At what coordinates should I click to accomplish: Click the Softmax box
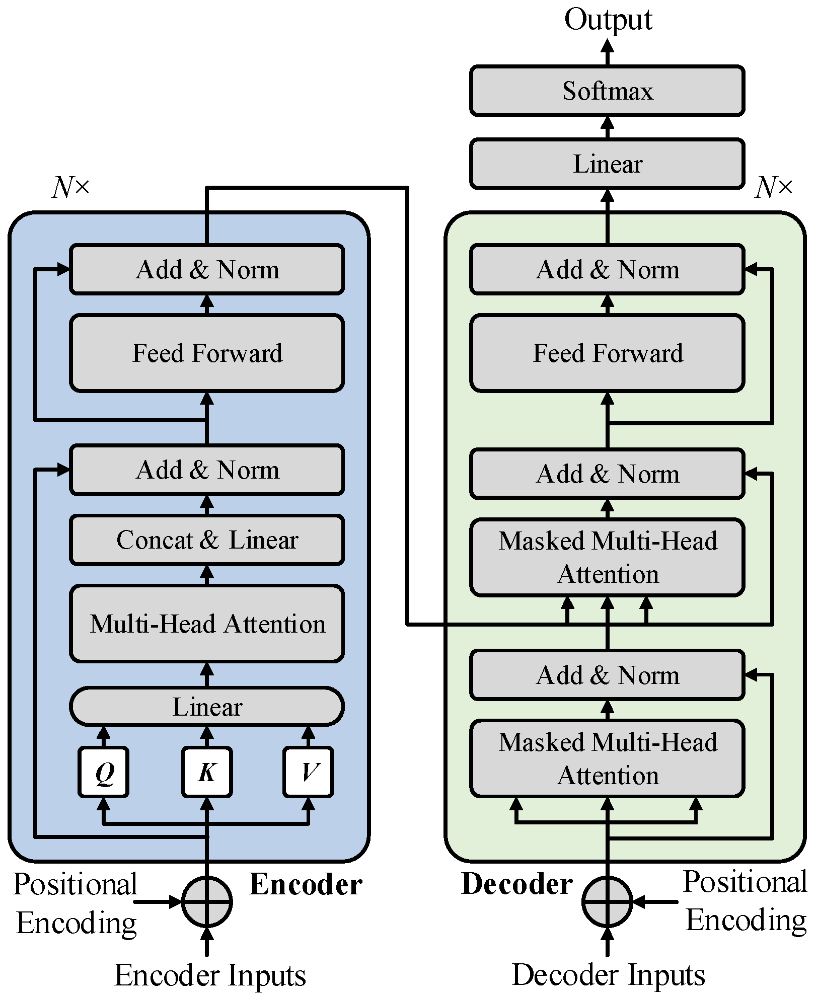tap(607, 91)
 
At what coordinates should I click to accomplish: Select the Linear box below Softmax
tap(607, 164)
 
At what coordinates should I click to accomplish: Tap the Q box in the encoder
tap(103, 772)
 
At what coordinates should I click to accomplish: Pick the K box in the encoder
tap(206, 772)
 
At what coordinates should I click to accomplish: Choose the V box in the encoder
tap(308, 772)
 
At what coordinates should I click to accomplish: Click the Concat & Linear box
tap(206, 540)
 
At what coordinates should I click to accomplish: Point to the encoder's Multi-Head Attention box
tap(206, 624)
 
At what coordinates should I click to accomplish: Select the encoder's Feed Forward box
tap(206, 353)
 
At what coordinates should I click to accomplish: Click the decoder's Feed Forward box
tap(607, 353)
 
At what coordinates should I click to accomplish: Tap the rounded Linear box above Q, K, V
tap(206, 707)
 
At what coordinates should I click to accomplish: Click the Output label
tap(608, 20)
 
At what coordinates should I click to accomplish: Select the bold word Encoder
tap(306, 884)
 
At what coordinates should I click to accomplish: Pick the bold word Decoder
tap(517, 884)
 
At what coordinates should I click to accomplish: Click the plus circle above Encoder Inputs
tap(206, 902)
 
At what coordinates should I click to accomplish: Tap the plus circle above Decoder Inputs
tap(607, 902)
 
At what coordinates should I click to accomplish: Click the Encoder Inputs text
tap(210, 975)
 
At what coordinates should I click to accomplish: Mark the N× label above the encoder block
tap(70, 188)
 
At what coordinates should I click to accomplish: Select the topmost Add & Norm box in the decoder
tap(607, 270)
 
